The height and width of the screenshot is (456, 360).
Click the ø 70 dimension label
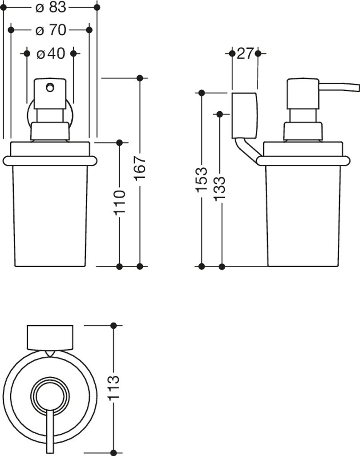(50, 30)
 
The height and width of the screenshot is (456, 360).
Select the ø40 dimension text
(50, 54)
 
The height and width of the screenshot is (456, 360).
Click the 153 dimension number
(202, 179)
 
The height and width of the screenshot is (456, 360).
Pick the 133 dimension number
(221, 189)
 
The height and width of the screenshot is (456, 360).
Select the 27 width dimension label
(245, 54)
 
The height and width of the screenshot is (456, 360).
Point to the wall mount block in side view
(244, 114)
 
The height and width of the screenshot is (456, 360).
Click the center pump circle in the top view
(50, 394)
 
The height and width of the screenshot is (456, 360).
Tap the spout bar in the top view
(50, 430)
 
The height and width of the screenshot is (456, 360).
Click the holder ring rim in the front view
(49, 161)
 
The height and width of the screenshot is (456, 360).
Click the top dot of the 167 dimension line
(140, 78)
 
